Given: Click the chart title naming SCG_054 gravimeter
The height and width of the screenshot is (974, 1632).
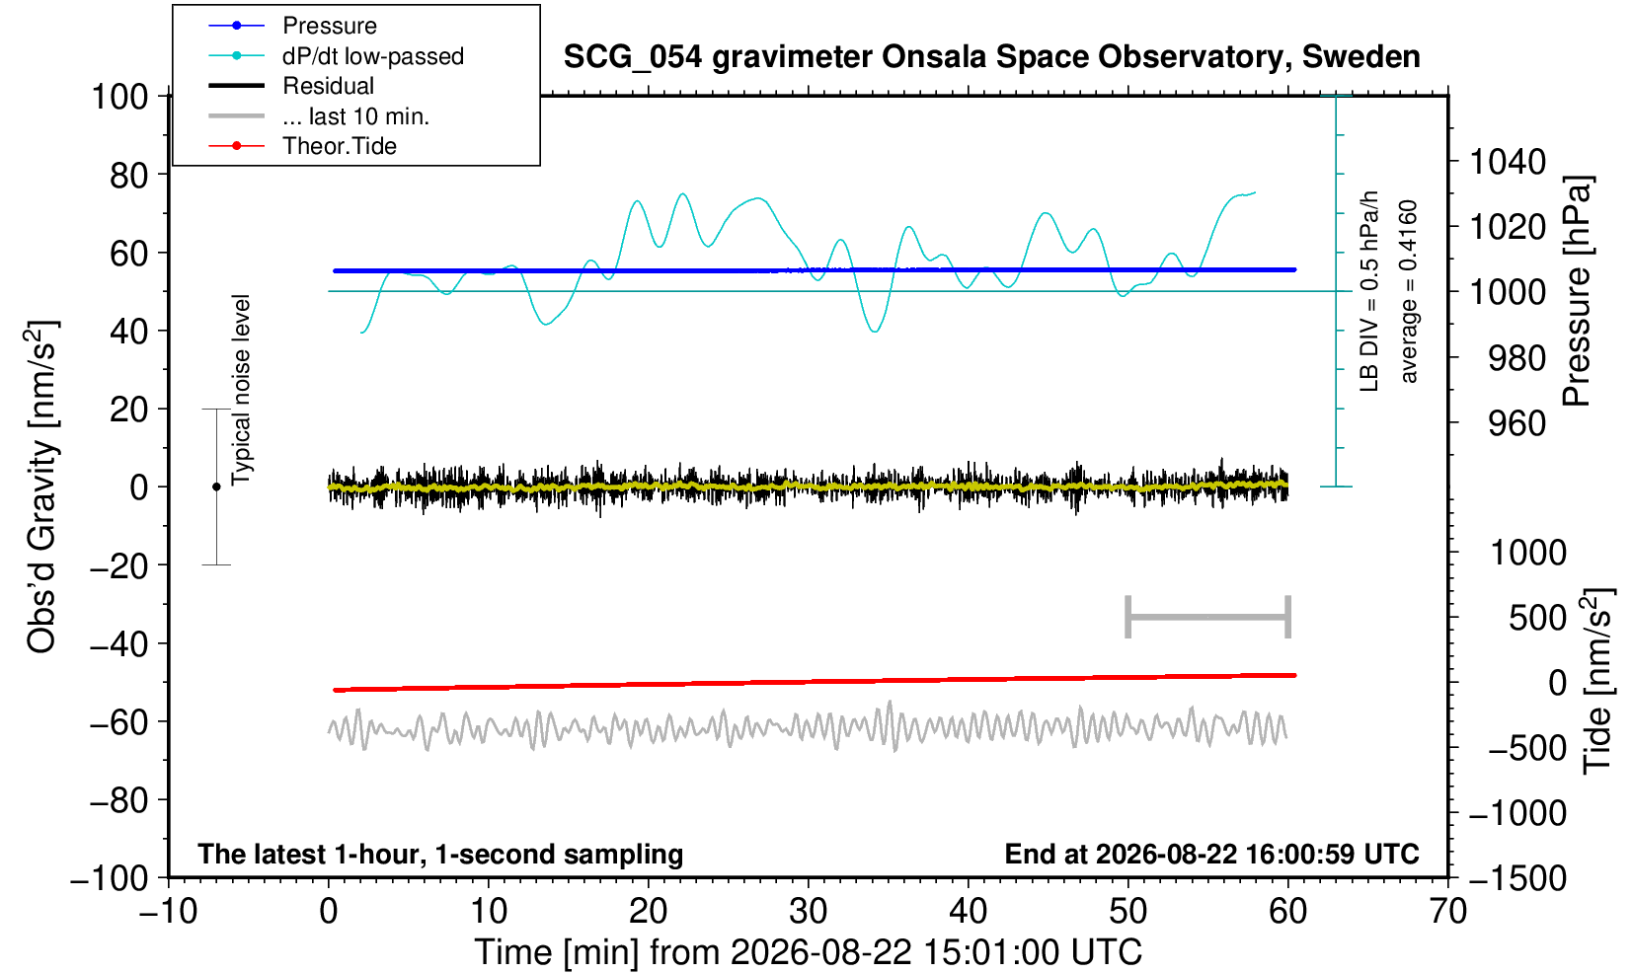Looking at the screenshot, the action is tap(991, 57).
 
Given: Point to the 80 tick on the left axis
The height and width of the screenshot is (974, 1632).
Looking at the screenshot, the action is tap(129, 176).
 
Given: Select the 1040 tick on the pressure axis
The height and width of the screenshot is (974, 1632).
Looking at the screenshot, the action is tap(1508, 162).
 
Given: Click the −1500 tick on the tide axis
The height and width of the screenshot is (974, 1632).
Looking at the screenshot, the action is tap(1517, 878).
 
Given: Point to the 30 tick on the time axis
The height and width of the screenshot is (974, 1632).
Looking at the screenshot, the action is tap(808, 912).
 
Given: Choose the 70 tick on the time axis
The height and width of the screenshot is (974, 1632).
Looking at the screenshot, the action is tap(1447, 912).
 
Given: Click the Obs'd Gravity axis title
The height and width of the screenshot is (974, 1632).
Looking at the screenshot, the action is tap(41, 487).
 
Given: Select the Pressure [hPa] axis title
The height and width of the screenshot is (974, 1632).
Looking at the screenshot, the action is tap(1578, 291).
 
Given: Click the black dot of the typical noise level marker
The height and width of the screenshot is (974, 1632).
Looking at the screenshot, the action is tap(216, 487).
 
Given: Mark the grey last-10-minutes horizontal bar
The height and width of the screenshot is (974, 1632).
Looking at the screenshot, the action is tap(1208, 617).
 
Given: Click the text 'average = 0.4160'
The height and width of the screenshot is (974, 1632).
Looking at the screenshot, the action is tap(1409, 291).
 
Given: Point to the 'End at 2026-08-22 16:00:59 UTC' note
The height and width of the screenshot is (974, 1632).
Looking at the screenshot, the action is tap(1211, 854).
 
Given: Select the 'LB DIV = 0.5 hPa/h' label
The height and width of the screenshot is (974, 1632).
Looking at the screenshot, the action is tap(1369, 291).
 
